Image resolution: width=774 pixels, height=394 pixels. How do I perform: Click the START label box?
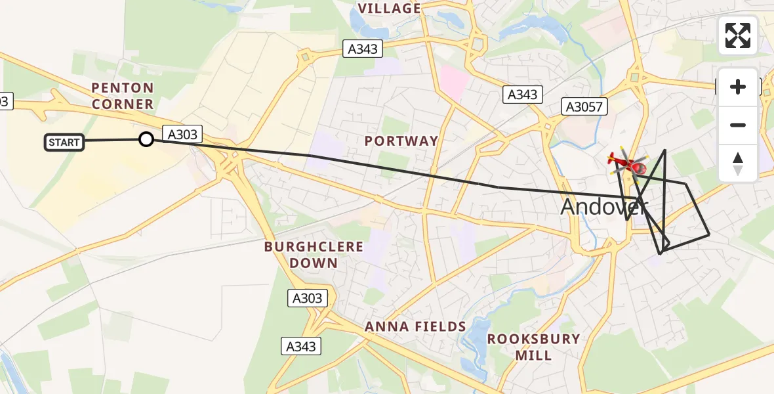(x=64, y=142)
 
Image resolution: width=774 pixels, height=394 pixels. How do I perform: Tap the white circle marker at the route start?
(x=146, y=139)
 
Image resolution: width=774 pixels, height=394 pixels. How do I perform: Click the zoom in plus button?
(x=738, y=87)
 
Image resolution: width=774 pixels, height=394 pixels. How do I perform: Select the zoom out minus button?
(x=738, y=125)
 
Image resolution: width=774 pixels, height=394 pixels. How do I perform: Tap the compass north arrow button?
(x=738, y=163)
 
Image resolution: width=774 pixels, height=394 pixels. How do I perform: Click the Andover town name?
(x=603, y=207)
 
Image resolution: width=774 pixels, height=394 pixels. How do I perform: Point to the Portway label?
(x=401, y=141)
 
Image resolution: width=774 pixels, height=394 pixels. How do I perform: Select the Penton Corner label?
(x=123, y=96)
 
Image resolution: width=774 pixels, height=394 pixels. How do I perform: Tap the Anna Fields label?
(x=415, y=326)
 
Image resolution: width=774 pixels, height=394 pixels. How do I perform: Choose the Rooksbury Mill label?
(x=533, y=347)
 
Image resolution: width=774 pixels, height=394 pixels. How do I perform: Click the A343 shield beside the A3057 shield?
(x=523, y=95)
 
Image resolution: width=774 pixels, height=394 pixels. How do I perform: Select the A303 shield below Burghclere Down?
(x=307, y=298)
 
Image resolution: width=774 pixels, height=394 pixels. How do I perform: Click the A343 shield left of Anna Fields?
(x=301, y=346)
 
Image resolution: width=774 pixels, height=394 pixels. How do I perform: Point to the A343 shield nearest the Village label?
(x=363, y=48)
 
